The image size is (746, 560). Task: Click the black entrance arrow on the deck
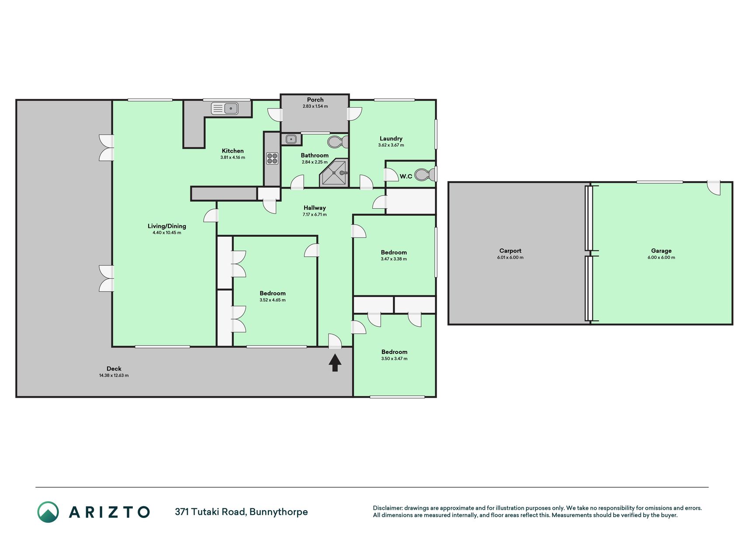[335, 363]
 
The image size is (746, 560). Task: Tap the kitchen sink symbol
[225, 108]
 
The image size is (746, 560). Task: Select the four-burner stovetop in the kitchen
[272, 158]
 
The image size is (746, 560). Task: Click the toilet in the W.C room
[425, 175]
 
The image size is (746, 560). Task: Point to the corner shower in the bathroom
[335, 173]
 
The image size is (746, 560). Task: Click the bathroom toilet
[338, 142]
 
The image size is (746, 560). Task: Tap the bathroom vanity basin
[291, 139]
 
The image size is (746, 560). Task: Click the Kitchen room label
[232, 151]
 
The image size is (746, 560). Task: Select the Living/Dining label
[167, 226]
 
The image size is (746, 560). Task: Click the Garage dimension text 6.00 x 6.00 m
[661, 258]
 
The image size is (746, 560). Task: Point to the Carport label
[510, 251]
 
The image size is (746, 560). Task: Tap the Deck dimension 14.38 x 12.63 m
[114, 375]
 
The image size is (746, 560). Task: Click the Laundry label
[391, 139]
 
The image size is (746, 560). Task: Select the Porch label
[315, 100]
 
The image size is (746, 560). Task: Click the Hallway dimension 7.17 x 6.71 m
[315, 215]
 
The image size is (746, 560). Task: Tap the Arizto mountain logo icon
[48, 512]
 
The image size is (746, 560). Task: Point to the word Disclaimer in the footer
[387, 508]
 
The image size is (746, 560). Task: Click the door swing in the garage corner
[714, 188]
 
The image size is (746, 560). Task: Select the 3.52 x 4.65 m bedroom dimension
[272, 300]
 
